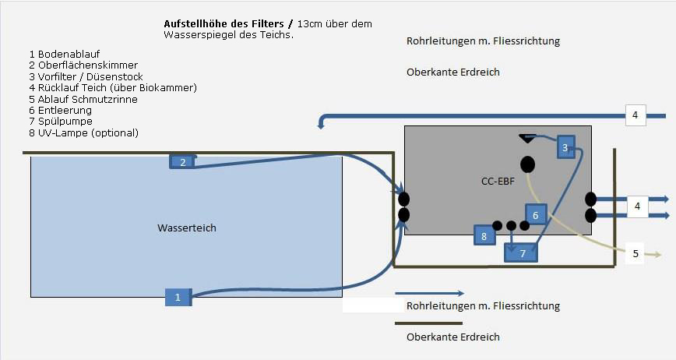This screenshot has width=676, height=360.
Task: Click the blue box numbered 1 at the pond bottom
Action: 178,297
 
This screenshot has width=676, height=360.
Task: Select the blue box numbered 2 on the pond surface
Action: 182,162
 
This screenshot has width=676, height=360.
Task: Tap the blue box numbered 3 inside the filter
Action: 565,147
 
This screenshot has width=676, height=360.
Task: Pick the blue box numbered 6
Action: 536,214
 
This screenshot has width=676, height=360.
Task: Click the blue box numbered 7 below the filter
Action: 523,253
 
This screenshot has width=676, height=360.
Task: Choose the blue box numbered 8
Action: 484,235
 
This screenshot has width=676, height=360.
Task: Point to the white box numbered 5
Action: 635,252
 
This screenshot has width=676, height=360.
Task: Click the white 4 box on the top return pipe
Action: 636,116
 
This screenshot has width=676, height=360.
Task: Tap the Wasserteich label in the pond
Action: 187,228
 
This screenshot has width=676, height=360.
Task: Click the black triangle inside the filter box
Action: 527,139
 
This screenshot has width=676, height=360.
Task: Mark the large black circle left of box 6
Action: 527,164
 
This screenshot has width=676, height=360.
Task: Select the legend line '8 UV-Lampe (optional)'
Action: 83,133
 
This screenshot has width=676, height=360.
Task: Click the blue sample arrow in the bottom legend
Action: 429,294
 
